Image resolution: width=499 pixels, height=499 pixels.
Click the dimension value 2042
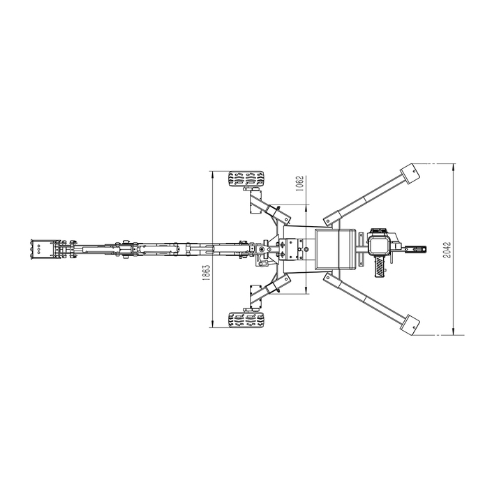pos(447,250)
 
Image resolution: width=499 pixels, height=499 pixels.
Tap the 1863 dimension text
pos(206,272)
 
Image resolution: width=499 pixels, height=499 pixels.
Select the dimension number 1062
pos(300,184)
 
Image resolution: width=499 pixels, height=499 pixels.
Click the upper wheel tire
pos(246,179)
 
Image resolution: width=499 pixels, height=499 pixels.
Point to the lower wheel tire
pos(246,320)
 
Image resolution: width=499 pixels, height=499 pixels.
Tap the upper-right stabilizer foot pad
pos(410,173)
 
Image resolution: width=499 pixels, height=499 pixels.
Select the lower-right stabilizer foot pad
pos(410,325)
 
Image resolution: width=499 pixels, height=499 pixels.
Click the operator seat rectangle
pos(335,249)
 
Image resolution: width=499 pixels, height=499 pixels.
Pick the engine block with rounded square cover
pos(379,246)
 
